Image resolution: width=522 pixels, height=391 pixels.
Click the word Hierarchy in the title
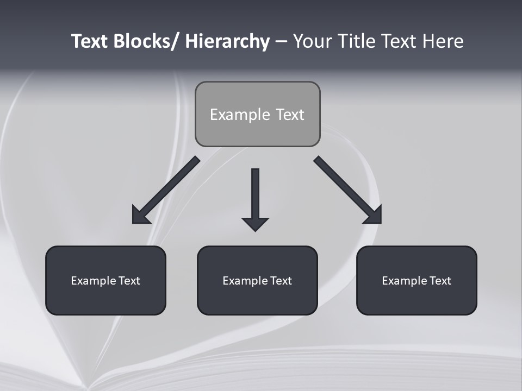227,42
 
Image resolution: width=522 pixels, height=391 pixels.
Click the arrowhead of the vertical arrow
255,223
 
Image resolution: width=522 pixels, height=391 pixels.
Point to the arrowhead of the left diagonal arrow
139,216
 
